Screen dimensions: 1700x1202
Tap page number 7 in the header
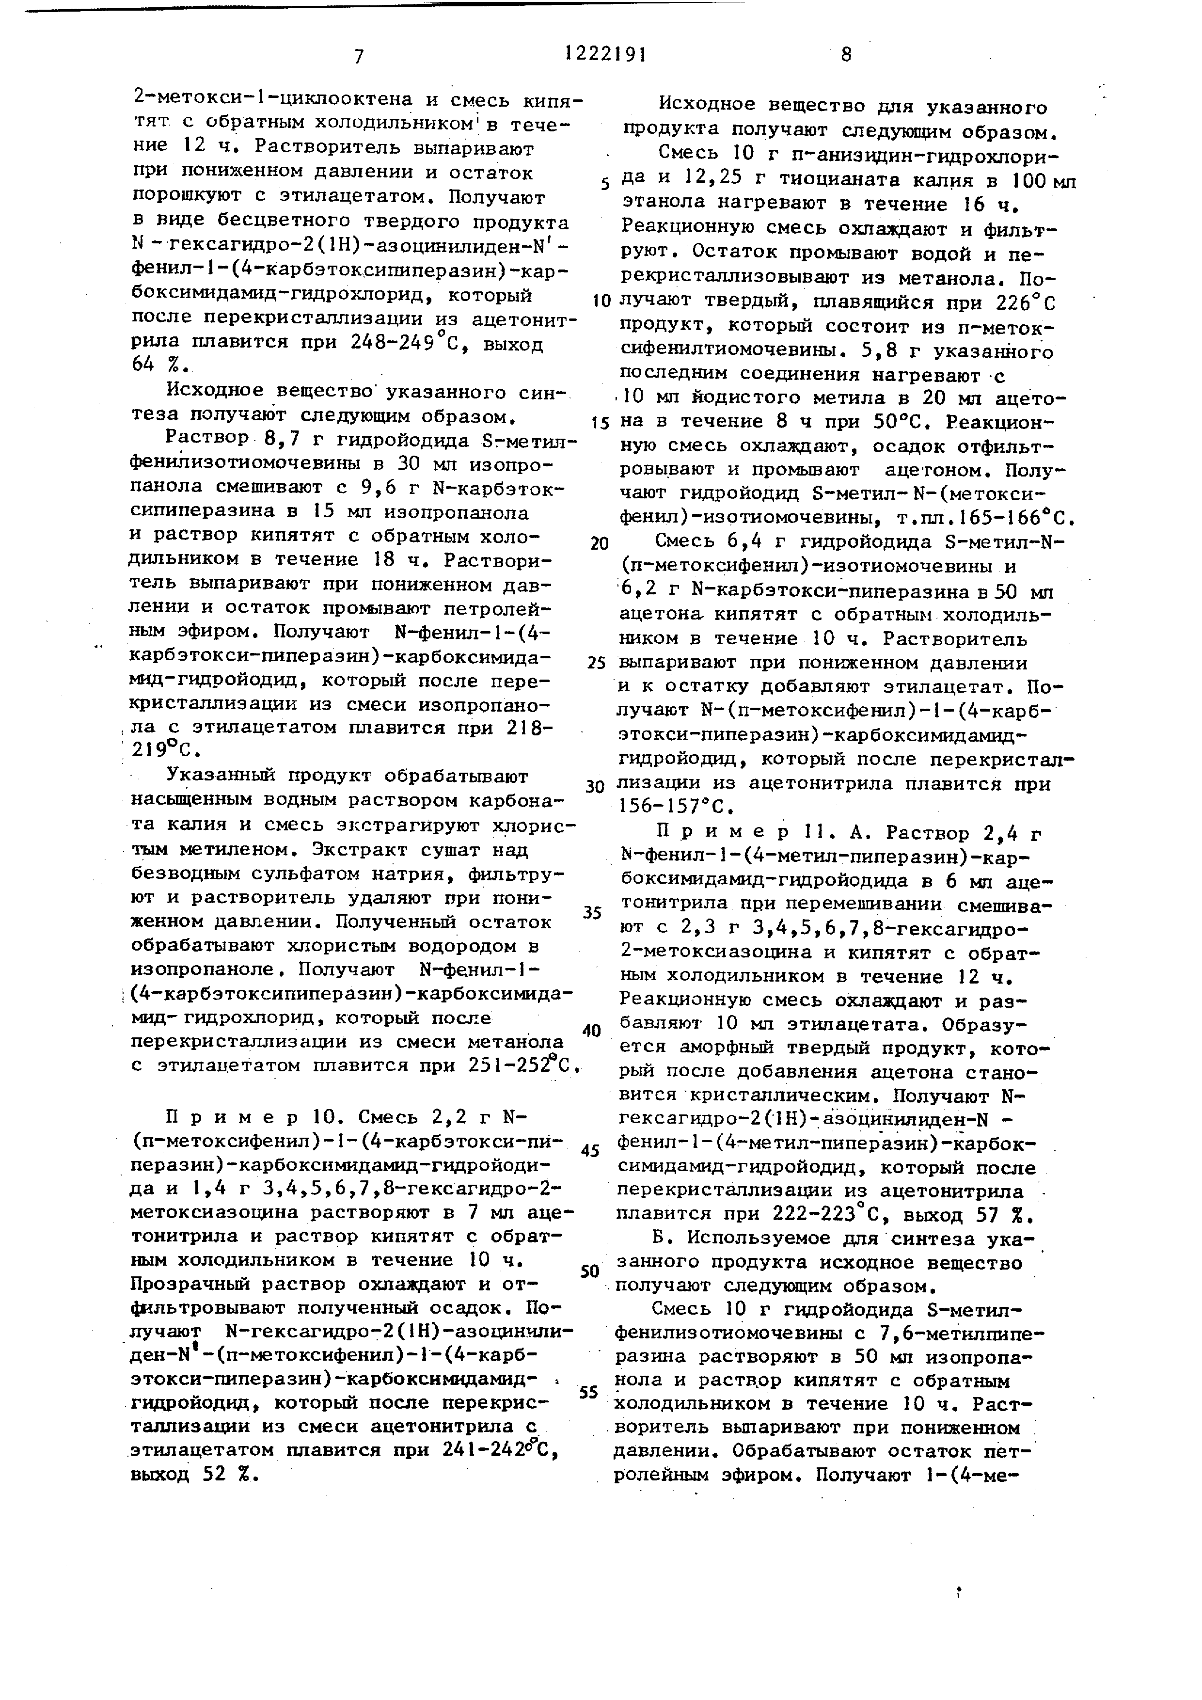coord(359,56)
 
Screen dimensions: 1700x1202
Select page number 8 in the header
coord(846,55)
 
